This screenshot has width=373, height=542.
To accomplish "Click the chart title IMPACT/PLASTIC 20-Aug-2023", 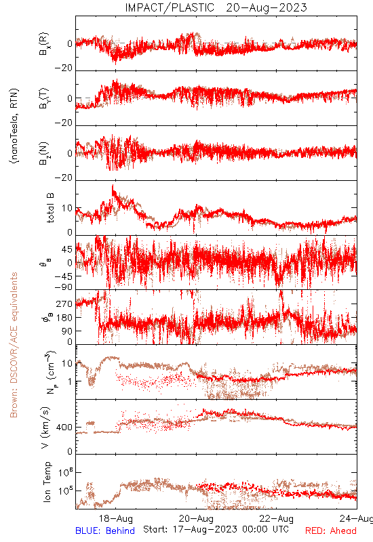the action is point(216,7).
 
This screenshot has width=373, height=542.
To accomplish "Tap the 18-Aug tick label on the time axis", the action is point(115,518).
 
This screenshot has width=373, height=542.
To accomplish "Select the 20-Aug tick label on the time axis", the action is point(196,518).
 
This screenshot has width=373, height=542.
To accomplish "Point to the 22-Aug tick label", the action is point(277,518).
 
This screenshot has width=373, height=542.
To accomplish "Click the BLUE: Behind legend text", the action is point(105,530).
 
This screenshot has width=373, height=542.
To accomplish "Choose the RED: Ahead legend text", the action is point(331,530).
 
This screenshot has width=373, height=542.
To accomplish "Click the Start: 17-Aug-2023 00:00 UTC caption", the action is point(216,529).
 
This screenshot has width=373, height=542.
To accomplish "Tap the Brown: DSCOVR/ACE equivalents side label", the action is point(14,345).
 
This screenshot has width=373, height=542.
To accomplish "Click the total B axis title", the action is point(50,208).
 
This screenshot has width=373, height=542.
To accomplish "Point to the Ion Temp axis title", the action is point(47,482).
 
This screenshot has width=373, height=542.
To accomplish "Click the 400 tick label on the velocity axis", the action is point(64,428).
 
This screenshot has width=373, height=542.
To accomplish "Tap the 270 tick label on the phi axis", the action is point(64,304).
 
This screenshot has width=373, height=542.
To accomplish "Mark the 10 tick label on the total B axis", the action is point(67,208).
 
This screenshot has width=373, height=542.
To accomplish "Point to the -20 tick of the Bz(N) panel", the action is point(64,178).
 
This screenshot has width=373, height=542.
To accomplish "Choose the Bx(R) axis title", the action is point(44,44).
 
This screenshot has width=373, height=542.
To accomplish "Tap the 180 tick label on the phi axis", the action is point(64,317).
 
